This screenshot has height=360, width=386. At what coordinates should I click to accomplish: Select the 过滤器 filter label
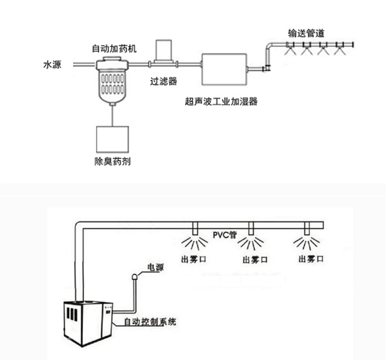tap(164, 81)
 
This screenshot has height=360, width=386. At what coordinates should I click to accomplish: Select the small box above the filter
tap(164, 50)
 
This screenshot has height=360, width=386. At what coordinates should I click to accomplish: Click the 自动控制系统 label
tap(150, 322)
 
